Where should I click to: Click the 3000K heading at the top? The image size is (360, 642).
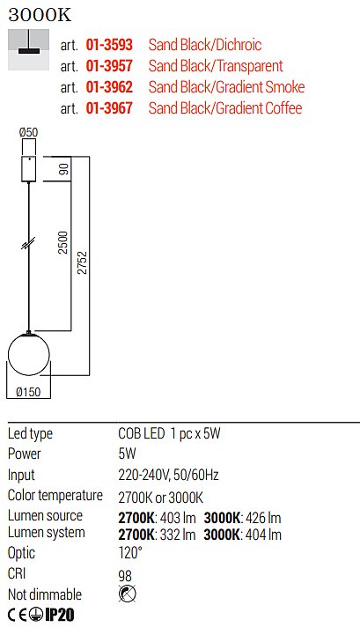click(x=40, y=15)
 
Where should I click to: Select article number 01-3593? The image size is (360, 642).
click(x=109, y=45)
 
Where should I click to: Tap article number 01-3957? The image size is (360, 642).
click(x=109, y=65)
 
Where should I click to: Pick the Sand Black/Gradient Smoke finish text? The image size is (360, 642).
click(x=226, y=87)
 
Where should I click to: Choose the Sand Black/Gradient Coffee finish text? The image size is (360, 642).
click(x=225, y=108)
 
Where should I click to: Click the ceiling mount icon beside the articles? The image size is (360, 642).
click(x=29, y=49)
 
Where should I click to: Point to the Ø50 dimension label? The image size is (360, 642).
click(x=29, y=132)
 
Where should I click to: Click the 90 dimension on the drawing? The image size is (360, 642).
click(x=64, y=169)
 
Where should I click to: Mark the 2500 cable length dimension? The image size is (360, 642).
click(x=62, y=243)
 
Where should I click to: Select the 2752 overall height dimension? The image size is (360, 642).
click(x=82, y=262)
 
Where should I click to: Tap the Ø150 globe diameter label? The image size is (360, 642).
click(x=29, y=392)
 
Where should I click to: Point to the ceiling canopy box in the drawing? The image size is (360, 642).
click(x=29, y=169)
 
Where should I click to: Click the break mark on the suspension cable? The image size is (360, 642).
click(x=28, y=243)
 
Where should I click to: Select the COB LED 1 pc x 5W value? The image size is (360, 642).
click(x=169, y=433)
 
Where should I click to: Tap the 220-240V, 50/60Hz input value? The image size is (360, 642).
click(x=168, y=475)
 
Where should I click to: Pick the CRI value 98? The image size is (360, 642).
click(x=125, y=576)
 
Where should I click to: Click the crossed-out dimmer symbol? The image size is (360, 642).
click(x=128, y=594)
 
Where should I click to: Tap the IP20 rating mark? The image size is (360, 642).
click(x=60, y=615)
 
